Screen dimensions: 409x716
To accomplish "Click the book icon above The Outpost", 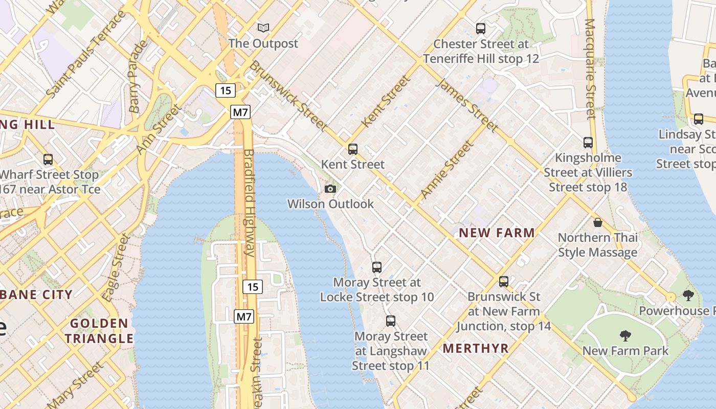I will point(263,28).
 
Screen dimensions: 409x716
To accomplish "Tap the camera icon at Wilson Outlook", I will point(330,189).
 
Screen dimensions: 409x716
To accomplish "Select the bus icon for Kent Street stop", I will point(352,149).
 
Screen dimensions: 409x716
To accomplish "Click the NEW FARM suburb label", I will point(497,233).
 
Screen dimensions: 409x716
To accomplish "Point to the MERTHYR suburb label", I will point(476,349).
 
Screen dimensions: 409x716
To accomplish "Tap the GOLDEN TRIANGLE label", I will point(99,331).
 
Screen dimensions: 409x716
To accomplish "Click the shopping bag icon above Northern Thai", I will point(597,222).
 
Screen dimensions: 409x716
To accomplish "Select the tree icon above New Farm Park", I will point(625,335).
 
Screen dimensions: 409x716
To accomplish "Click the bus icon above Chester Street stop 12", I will point(480,28).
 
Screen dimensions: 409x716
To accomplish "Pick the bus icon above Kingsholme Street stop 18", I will point(588,142).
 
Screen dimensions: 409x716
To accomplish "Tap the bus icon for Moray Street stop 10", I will point(377,267).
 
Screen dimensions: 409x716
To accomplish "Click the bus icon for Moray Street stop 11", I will point(391,321).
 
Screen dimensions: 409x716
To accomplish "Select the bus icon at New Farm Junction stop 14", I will point(504,281).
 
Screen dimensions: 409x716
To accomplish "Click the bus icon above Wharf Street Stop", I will point(48,159).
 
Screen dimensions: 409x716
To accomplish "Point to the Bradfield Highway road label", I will point(249,202).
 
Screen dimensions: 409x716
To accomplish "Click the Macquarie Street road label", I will point(591,69).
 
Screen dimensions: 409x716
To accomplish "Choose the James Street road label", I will point(466,105).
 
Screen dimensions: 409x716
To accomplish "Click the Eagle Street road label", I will point(117,267).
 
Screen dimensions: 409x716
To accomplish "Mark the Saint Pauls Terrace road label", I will point(86,54).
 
